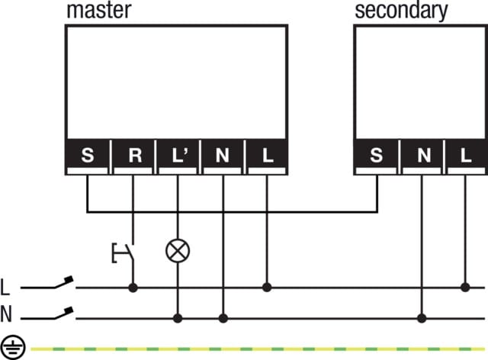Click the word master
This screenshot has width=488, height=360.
(99, 11)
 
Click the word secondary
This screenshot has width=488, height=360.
(401, 11)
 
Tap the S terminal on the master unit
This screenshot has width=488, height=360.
(88, 156)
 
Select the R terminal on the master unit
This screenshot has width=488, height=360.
(133, 156)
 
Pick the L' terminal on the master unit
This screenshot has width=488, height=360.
(178, 156)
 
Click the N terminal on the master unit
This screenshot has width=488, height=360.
(223, 156)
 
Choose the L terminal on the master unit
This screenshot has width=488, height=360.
(268, 156)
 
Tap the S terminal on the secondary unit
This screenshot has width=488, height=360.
(377, 156)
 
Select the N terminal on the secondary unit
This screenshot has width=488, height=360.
(422, 156)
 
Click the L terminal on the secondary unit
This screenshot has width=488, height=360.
(466, 156)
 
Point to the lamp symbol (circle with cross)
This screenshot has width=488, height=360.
(178, 249)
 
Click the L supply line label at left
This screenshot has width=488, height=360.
(5, 288)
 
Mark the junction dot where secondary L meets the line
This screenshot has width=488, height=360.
(466, 288)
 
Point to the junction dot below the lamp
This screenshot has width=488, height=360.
(178, 318)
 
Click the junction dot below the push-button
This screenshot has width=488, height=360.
(133, 288)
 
